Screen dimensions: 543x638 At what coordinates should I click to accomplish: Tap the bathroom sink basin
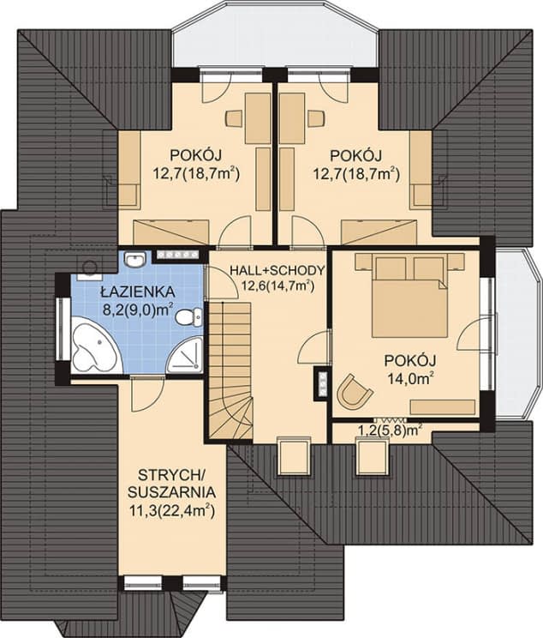point(136,259)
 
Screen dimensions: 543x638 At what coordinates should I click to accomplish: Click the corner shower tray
point(186,355)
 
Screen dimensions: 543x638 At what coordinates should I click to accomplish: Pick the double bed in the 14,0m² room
point(409,299)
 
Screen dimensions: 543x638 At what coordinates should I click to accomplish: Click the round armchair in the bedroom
point(354,391)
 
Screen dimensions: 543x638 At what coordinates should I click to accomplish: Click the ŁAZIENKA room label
point(138,292)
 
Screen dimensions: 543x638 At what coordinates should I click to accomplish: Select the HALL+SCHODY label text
point(277,270)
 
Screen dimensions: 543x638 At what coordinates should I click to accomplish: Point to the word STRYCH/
point(172,474)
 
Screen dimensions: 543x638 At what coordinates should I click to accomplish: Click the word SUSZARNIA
point(171,492)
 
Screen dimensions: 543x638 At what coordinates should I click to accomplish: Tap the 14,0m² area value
point(410,378)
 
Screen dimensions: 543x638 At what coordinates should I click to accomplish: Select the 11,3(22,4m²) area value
point(171,510)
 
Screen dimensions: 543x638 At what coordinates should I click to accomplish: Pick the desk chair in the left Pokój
point(234,118)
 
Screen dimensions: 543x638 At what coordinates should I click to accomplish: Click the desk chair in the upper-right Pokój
point(316,118)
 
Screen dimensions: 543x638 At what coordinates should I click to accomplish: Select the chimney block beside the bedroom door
point(323,383)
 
